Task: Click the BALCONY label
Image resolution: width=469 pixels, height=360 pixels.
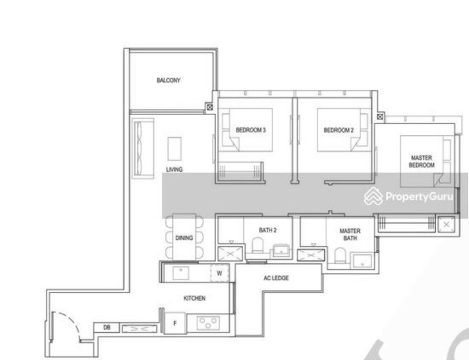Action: point(168,80)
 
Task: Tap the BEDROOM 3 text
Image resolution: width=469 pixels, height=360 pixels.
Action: point(251,130)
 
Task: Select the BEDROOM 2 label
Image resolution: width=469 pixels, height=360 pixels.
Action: point(339,130)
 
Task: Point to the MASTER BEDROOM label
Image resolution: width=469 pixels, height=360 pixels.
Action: point(422,162)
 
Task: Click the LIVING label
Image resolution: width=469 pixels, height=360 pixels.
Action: point(174,169)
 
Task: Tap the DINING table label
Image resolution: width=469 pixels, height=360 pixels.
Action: point(184,238)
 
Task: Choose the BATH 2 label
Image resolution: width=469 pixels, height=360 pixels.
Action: point(267,230)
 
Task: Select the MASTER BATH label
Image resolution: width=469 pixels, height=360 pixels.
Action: point(350,235)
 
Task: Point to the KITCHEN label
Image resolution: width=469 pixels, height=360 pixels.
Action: point(194,298)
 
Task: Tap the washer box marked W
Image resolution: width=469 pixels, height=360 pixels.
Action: point(219,273)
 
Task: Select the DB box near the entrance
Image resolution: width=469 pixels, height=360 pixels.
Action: point(107,328)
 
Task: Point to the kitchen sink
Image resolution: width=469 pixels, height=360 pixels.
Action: point(181,273)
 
